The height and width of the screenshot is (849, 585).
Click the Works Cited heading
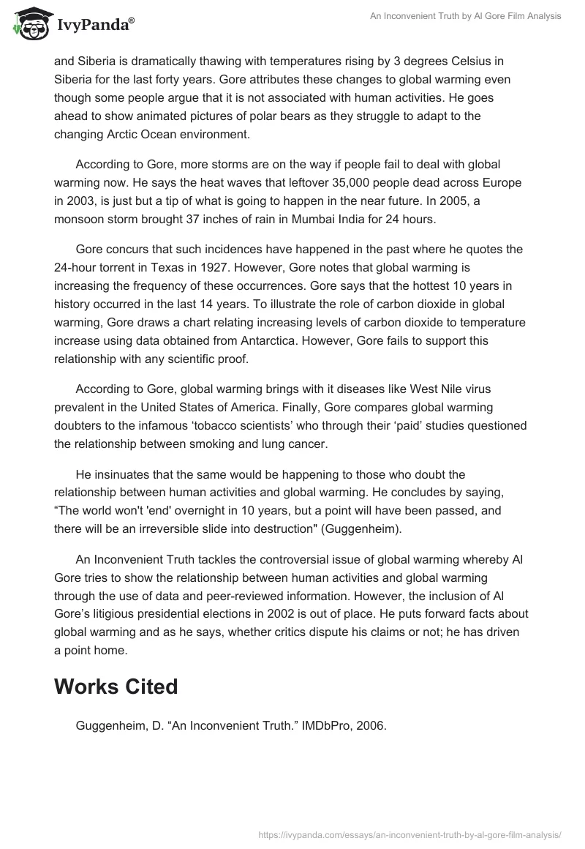point(116,687)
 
